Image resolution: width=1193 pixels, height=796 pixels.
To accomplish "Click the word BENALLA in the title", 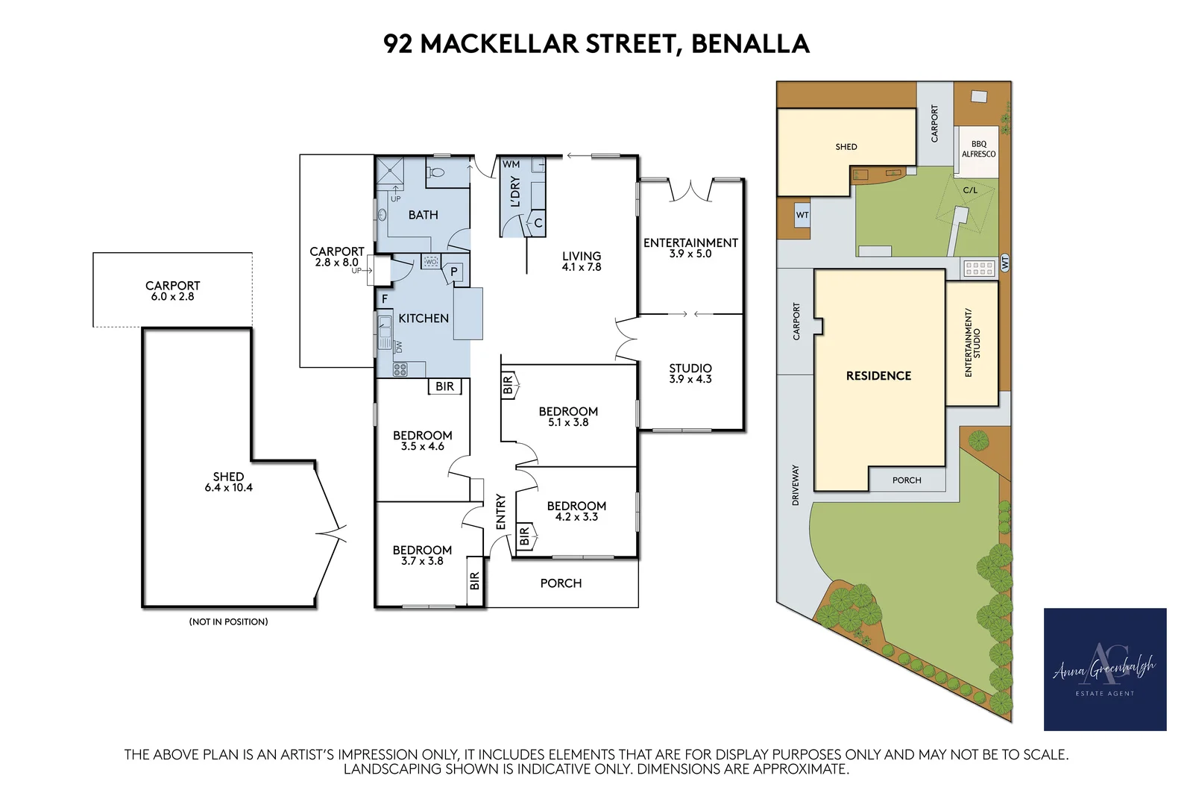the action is [750, 44].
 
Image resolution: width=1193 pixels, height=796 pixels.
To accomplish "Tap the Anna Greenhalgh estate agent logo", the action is [1104, 669].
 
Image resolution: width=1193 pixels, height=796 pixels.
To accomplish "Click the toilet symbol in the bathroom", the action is [435, 172].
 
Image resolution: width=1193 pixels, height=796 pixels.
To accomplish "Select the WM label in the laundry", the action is [511, 164].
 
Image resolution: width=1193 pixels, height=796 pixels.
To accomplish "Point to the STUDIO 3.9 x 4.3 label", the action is [690, 374].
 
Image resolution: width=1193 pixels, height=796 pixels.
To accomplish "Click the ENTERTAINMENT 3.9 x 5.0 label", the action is [690, 248].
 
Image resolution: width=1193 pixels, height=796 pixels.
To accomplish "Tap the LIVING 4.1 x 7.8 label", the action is [581, 262].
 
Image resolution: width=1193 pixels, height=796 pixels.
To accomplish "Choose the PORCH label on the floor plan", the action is [561, 583].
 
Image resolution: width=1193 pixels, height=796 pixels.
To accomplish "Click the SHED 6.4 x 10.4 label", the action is [228, 482].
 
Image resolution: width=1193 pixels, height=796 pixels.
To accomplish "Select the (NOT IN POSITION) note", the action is [228, 621].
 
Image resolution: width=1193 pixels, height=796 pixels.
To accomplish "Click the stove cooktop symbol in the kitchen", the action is [400, 369].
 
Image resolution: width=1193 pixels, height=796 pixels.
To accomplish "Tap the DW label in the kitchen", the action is [399, 347].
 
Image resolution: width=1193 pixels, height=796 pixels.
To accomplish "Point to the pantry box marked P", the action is [454, 272].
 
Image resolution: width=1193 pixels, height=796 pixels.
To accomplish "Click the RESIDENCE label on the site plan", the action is [878, 376].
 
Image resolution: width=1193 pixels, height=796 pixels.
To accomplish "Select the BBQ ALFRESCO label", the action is [978, 149].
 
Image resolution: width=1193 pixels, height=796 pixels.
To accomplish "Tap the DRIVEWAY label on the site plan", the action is [795, 485].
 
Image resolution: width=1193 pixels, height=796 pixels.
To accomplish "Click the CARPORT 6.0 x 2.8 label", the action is [172, 291].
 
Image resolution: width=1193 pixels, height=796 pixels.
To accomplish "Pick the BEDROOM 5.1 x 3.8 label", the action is [568, 416].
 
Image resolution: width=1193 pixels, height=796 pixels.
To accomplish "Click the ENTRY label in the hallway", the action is [500, 512].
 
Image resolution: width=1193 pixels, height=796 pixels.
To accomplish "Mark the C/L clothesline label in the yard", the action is [970, 190].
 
